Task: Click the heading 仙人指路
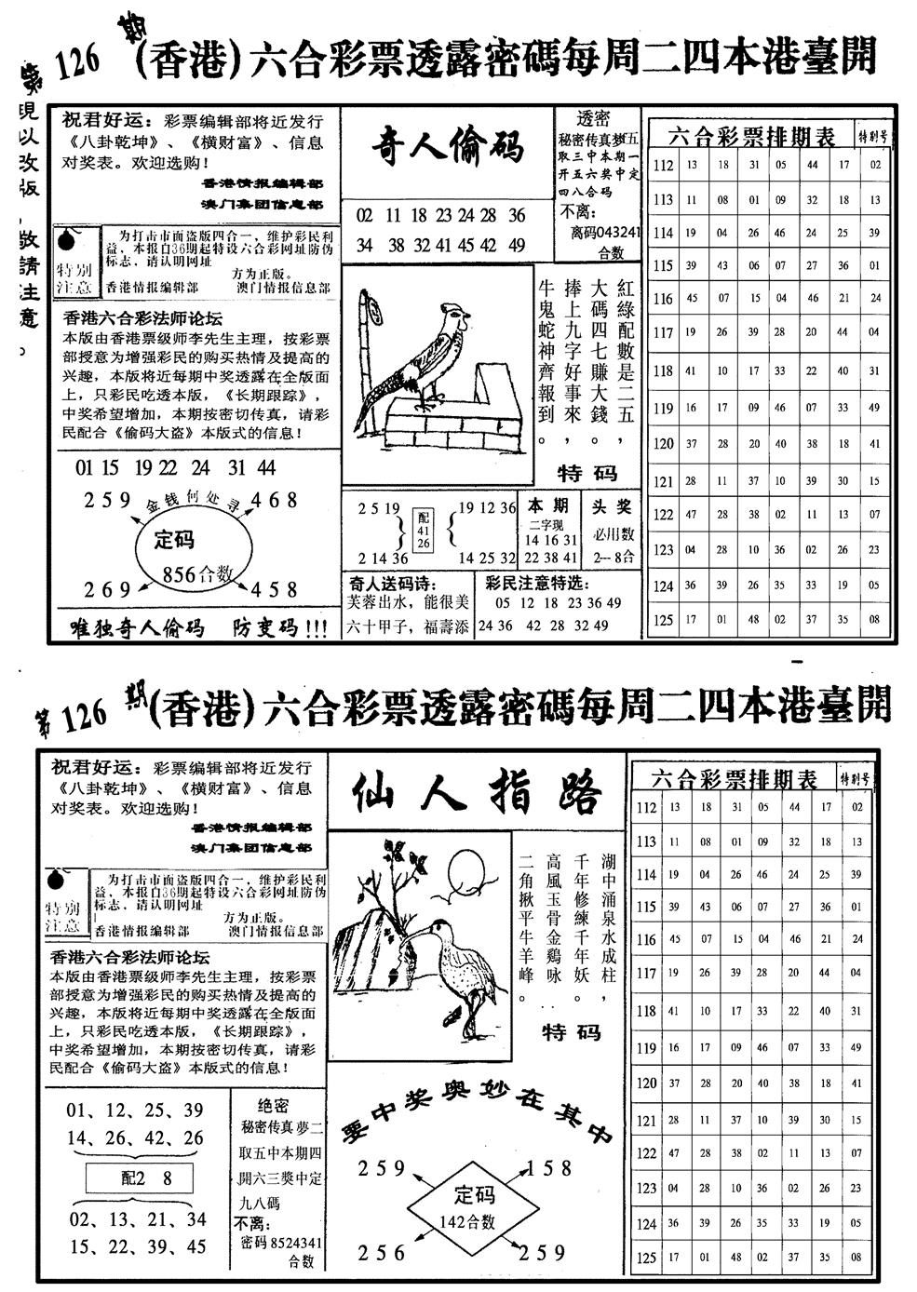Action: [477, 793]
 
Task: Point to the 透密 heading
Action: [593, 118]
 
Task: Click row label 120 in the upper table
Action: [663, 444]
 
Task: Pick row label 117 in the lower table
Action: [646, 974]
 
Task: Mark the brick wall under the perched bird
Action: [438, 417]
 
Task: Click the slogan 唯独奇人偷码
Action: [137, 628]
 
